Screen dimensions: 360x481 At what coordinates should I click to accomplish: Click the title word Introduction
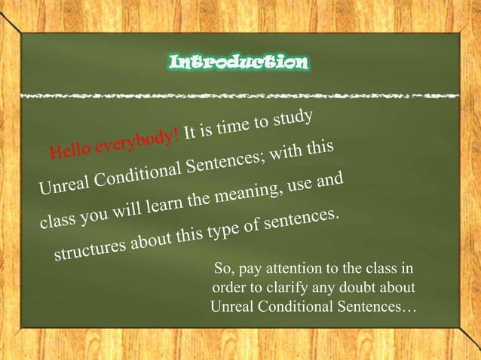coord(239,61)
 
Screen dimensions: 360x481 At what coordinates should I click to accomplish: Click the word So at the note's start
coord(224,270)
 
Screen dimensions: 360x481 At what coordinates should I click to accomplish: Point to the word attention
coord(302,270)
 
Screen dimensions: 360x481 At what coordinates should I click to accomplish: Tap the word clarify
coord(311,288)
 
